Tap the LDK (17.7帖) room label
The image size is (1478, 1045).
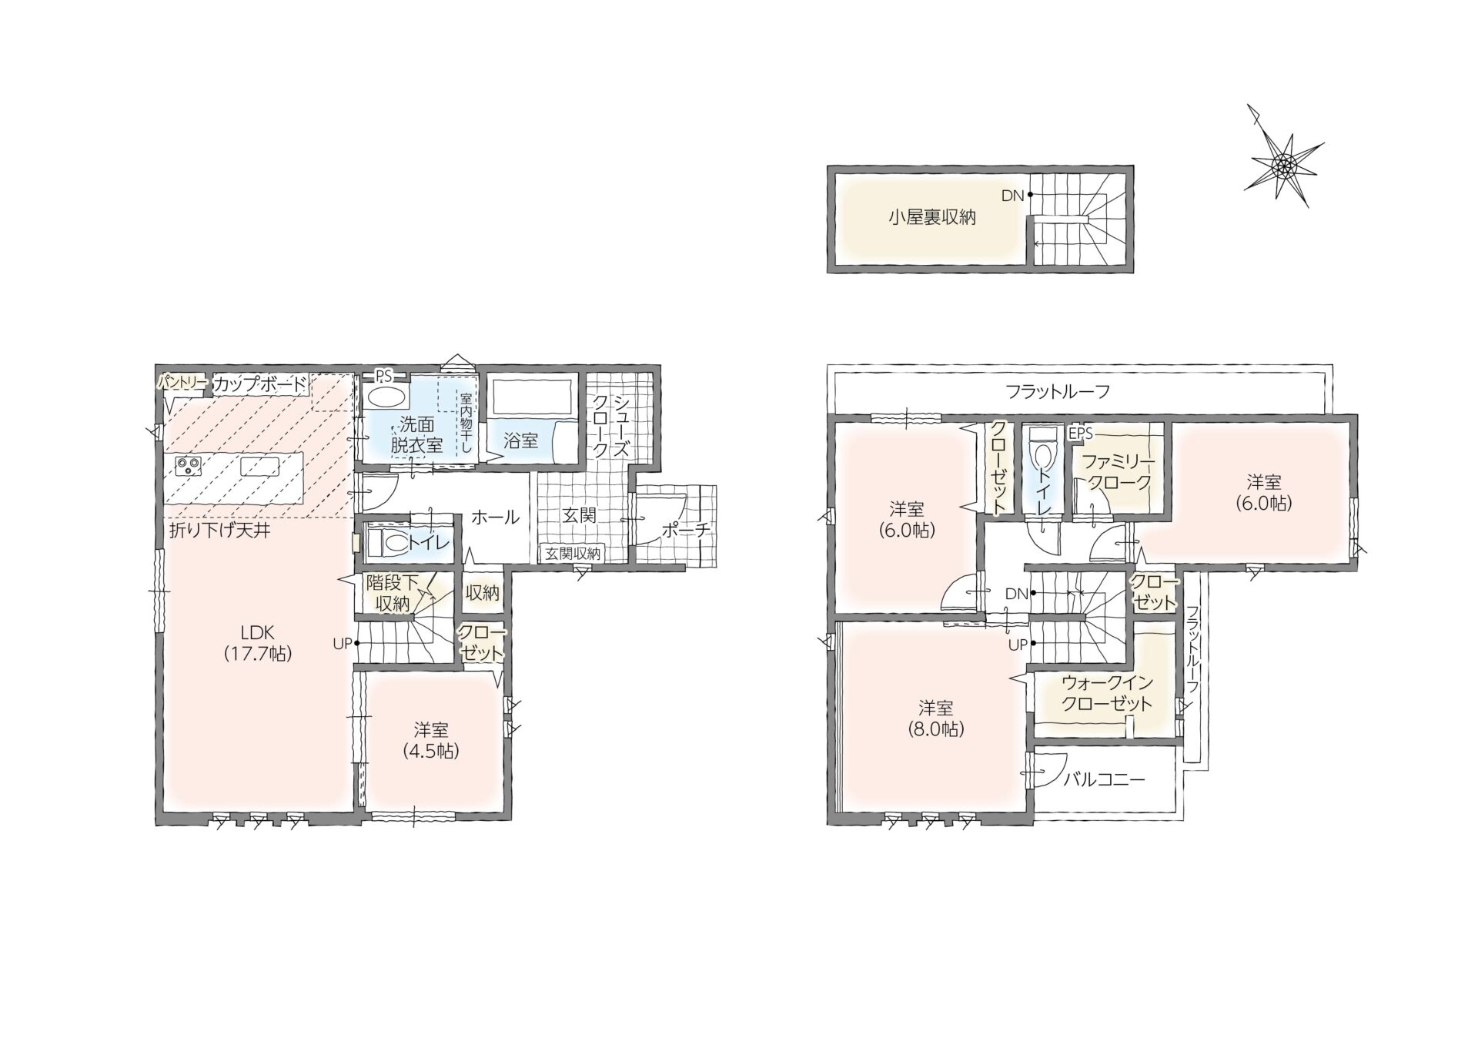(257, 642)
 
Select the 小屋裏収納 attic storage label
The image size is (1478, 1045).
(931, 217)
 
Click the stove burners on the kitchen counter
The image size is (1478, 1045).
(189, 466)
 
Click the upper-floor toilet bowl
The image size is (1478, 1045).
(1043, 449)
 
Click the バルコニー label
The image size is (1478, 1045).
(1105, 779)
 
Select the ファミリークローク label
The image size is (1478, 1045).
(1119, 472)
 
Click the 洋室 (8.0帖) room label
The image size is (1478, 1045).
(935, 718)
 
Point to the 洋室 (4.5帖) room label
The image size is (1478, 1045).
(431, 740)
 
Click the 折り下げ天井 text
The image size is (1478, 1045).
(220, 530)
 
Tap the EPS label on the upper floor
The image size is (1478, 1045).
(1080, 434)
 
